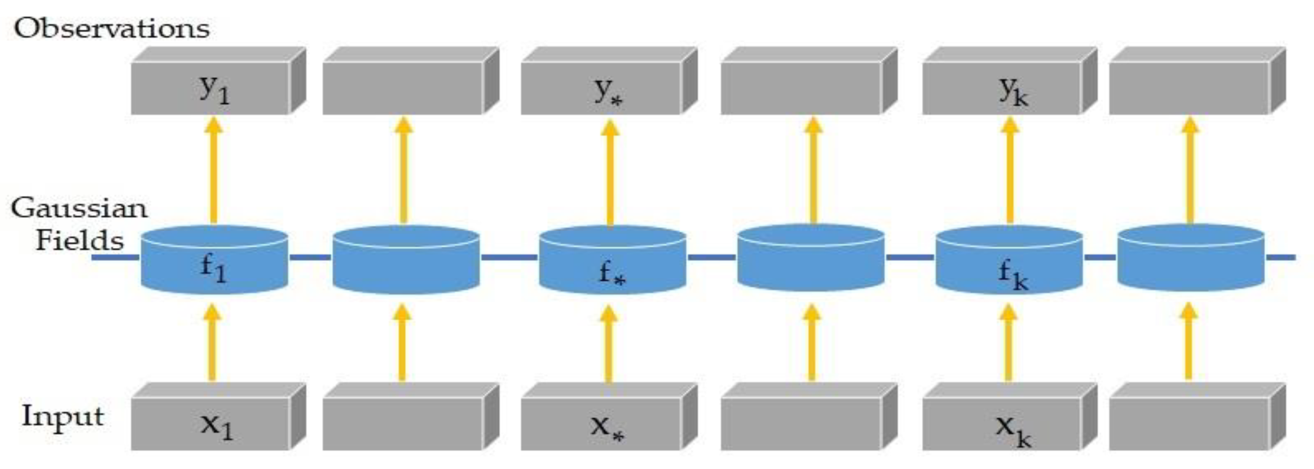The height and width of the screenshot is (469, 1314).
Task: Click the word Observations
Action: point(111,29)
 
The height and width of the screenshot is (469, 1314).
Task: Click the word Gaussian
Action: point(79,209)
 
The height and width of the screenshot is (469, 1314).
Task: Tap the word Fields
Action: point(79,240)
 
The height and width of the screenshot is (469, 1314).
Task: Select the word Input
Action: point(62,417)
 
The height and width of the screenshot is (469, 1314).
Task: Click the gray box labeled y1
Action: point(211,88)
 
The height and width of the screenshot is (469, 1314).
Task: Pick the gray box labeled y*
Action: point(601,88)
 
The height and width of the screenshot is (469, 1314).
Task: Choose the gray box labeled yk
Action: point(1001,88)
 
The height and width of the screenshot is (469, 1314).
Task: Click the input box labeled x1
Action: point(211,424)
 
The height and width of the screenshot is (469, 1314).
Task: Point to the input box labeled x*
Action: point(601,424)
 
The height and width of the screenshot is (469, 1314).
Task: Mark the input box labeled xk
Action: point(1001,424)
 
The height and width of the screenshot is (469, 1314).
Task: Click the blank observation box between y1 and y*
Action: point(403,88)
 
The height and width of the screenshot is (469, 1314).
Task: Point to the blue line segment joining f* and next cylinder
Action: point(712,257)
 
